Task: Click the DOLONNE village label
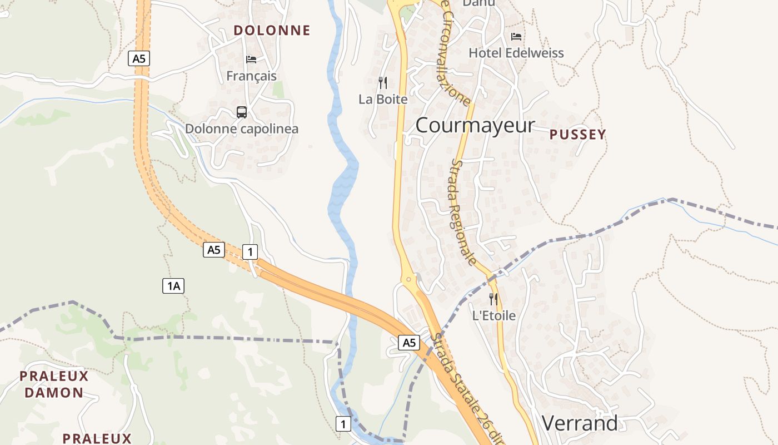coord(272,30)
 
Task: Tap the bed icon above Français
coord(251,59)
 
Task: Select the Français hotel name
coord(251,76)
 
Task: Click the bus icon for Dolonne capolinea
coord(242,112)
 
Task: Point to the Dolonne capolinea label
coord(242,129)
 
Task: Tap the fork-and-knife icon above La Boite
coord(383,83)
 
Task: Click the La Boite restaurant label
coord(383,100)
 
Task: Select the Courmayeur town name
coord(475,125)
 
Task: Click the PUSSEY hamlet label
coord(577,135)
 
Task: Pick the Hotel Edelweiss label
coord(516,53)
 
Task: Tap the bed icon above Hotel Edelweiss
coord(516,37)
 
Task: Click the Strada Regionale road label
coord(463,212)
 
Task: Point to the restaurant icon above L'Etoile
coord(493,299)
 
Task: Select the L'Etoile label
coord(493,316)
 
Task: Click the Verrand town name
coord(579,423)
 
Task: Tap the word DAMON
coord(54,393)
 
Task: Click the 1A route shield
coord(173,286)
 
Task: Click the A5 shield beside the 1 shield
coord(214,250)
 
